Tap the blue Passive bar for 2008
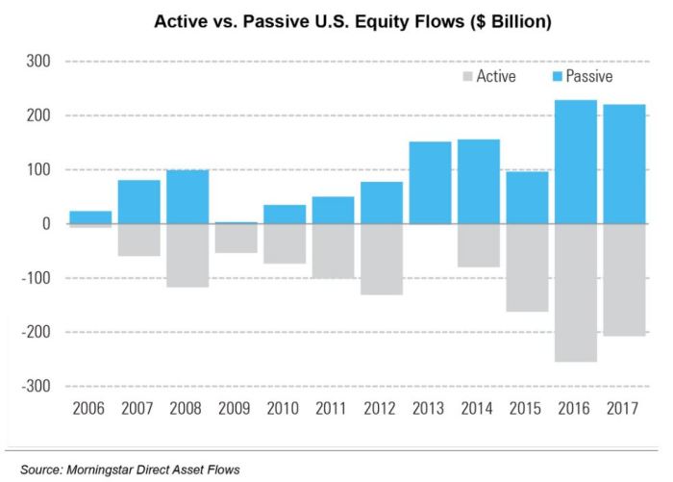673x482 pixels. click(187, 197)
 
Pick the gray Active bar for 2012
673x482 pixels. click(382, 259)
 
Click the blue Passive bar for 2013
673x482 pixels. click(431, 183)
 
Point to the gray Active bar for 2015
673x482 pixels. click(528, 267)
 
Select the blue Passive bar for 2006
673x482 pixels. click(90, 217)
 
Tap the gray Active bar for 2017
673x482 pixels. click(625, 280)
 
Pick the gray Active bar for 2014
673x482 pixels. click(479, 245)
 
